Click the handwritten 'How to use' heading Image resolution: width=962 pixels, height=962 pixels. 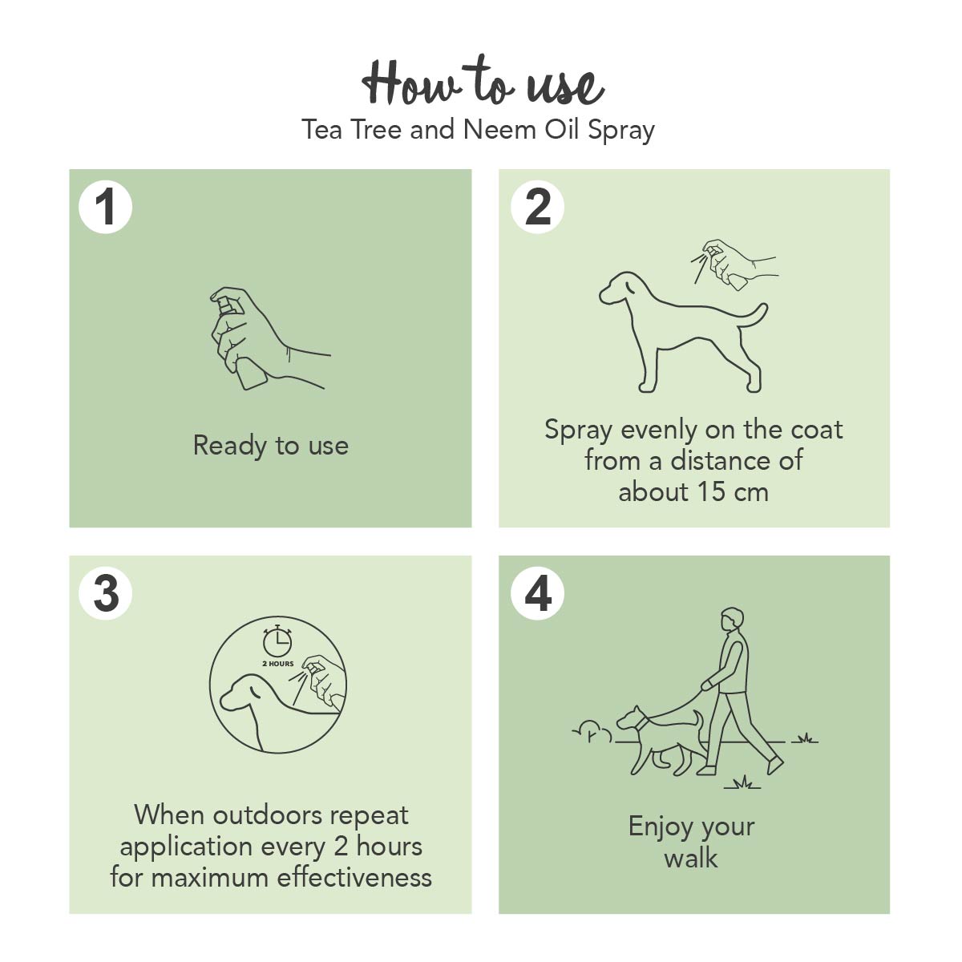[x=483, y=83]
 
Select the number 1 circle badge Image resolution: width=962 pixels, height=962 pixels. [x=105, y=207]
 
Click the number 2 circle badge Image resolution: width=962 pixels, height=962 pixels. [x=537, y=207]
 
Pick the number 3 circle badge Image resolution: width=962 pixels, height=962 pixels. [x=105, y=593]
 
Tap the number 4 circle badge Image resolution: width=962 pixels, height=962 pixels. [x=537, y=593]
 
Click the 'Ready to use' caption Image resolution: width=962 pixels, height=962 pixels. [x=271, y=446]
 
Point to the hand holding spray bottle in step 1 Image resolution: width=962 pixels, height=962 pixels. [x=269, y=338]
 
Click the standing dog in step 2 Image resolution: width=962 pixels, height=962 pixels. [x=683, y=332]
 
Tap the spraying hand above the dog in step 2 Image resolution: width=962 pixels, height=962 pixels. [x=734, y=264]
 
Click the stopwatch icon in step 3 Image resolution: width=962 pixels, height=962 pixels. [x=277, y=641]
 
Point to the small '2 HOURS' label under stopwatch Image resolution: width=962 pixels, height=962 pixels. [x=278, y=664]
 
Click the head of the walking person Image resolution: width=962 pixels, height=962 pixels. [x=733, y=620]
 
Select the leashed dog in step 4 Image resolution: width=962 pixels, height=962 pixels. [x=660, y=741]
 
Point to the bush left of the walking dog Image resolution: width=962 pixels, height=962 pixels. [x=592, y=731]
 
